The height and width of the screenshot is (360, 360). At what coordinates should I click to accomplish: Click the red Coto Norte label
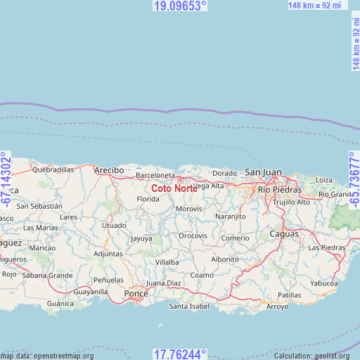click(174, 188)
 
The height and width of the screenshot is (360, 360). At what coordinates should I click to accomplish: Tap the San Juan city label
click(262, 172)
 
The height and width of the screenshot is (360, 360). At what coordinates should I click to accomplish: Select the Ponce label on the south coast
click(136, 292)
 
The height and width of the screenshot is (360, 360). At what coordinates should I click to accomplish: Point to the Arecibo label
click(109, 170)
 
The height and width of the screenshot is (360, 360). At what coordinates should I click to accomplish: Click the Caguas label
click(284, 233)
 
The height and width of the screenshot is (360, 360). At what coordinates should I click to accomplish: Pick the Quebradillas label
click(53, 169)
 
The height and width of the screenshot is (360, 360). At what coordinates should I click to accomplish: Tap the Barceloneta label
click(155, 175)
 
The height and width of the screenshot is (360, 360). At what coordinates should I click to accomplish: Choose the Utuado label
click(114, 226)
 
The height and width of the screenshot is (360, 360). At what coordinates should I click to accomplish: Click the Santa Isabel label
click(189, 307)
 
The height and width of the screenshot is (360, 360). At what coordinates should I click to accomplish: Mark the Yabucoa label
click(324, 283)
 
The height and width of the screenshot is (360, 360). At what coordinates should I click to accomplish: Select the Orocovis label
click(193, 236)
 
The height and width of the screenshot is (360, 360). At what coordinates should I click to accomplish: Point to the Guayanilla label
click(91, 291)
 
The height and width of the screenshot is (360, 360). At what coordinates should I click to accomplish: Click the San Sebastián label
click(39, 206)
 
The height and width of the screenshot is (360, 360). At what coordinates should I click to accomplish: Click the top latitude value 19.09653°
click(180, 6)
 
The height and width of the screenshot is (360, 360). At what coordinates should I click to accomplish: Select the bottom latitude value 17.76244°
click(180, 354)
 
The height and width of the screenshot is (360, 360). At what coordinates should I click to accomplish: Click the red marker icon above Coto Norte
click(180, 180)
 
